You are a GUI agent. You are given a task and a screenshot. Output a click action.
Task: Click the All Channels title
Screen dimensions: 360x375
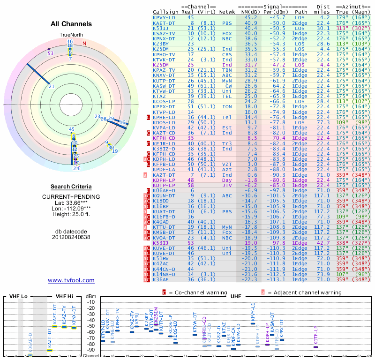click(71, 24)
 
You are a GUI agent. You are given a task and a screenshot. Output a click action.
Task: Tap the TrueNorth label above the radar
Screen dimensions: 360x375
click(71, 35)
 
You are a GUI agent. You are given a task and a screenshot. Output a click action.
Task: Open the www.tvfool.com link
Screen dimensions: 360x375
click(71, 280)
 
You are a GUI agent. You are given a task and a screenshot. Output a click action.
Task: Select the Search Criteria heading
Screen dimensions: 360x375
click(71, 187)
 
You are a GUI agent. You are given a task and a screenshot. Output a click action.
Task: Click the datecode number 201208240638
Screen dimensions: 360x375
click(71, 237)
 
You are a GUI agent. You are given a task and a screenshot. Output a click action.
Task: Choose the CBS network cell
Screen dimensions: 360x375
click(227, 54)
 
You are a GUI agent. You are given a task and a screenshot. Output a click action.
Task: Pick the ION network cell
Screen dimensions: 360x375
click(227, 107)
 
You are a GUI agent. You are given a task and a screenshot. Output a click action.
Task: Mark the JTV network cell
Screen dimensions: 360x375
click(227, 186)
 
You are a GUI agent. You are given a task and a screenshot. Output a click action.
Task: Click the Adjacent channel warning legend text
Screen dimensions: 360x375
click(304, 292)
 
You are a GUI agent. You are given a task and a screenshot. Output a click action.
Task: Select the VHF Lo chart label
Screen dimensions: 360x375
click(18, 296)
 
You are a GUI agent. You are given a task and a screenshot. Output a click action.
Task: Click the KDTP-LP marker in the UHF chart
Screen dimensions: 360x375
click(315, 347)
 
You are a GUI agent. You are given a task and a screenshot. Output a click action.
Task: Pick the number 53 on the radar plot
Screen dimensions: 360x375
click(51, 53)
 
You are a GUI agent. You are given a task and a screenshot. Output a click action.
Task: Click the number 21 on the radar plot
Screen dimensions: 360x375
click(52, 87)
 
